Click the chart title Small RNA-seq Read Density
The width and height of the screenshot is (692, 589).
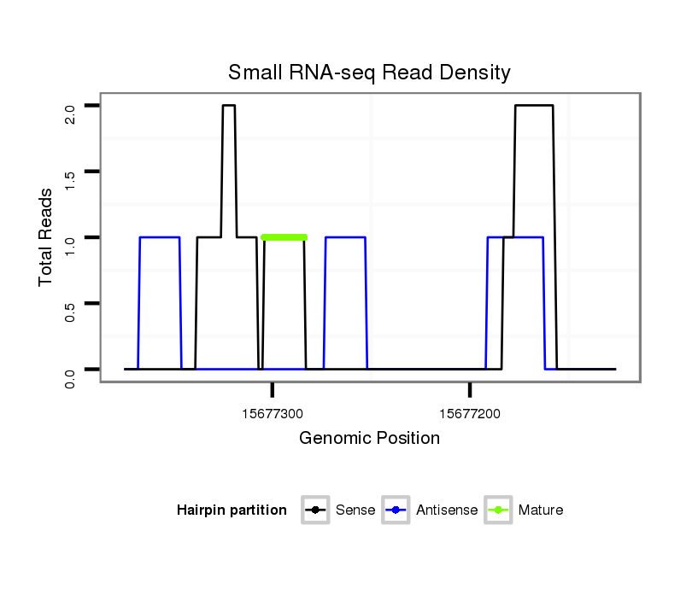tap(369, 73)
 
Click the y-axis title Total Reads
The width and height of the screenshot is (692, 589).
tap(48, 237)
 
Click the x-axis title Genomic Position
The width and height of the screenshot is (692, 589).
tap(369, 439)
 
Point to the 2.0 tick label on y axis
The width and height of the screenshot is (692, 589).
tap(70, 113)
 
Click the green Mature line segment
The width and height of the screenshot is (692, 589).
tap(284, 237)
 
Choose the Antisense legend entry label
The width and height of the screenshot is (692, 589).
tap(447, 510)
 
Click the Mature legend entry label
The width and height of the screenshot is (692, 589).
tap(540, 510)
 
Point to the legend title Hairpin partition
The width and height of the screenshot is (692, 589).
tap(232, 510)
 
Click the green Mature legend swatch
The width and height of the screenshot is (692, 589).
tap(498, 510)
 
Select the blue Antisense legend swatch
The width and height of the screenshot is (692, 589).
tap(396, 510)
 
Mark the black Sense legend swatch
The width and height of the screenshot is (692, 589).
tap(315, 510)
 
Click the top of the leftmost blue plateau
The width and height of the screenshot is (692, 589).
tap(159, 237)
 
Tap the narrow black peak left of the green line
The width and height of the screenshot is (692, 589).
tap(228, 106)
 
